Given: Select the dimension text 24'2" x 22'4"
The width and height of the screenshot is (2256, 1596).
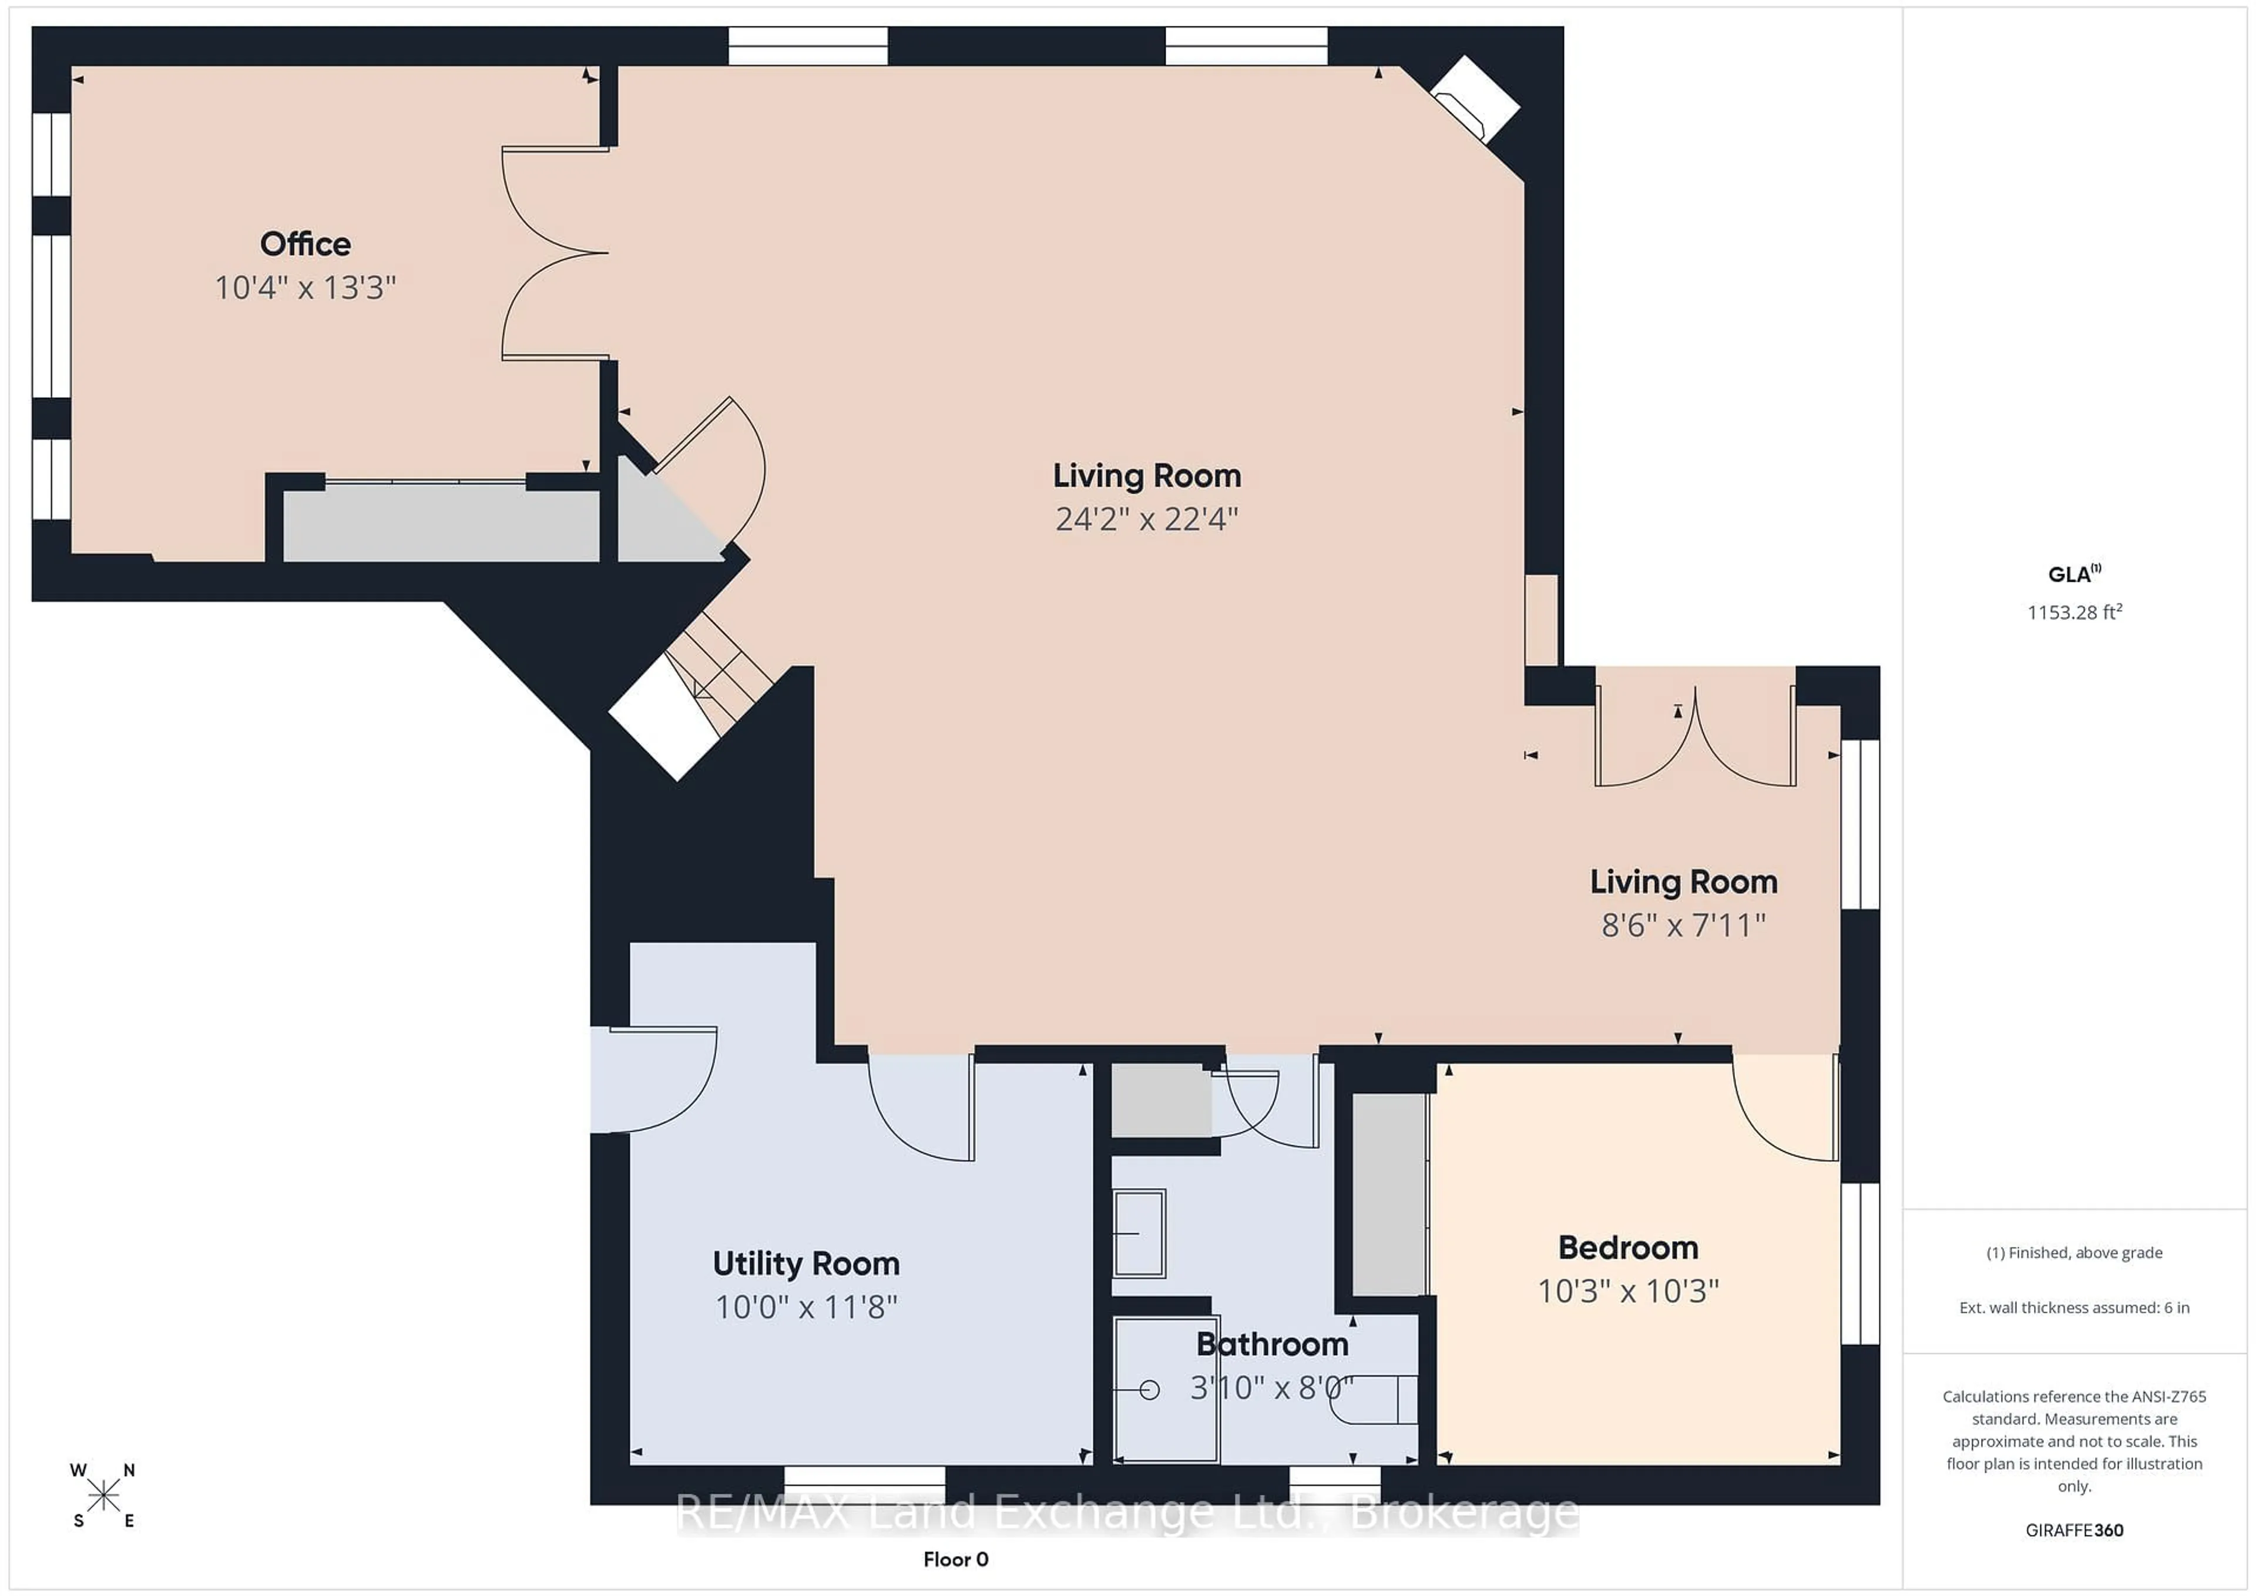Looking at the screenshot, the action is [x=1147, y=519].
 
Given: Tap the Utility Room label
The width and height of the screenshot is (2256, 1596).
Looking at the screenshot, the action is [x=805, y=1264].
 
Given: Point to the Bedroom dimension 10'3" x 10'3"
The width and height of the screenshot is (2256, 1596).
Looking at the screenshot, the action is [x=1628, y=1290].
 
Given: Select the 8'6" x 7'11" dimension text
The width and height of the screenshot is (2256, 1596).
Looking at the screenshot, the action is [x=1683, y=925].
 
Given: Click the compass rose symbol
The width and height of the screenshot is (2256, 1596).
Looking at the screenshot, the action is [x=103, y=1496].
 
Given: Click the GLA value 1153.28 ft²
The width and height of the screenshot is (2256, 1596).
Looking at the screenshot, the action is [x=2074, y=612].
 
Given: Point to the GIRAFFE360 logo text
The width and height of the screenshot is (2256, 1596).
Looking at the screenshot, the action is [x=2074, y=1530].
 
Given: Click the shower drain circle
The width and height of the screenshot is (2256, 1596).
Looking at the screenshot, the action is [x=1150, y=1390].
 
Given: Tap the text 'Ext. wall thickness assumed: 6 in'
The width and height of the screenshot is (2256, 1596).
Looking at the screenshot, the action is [x=2074, y=1308].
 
